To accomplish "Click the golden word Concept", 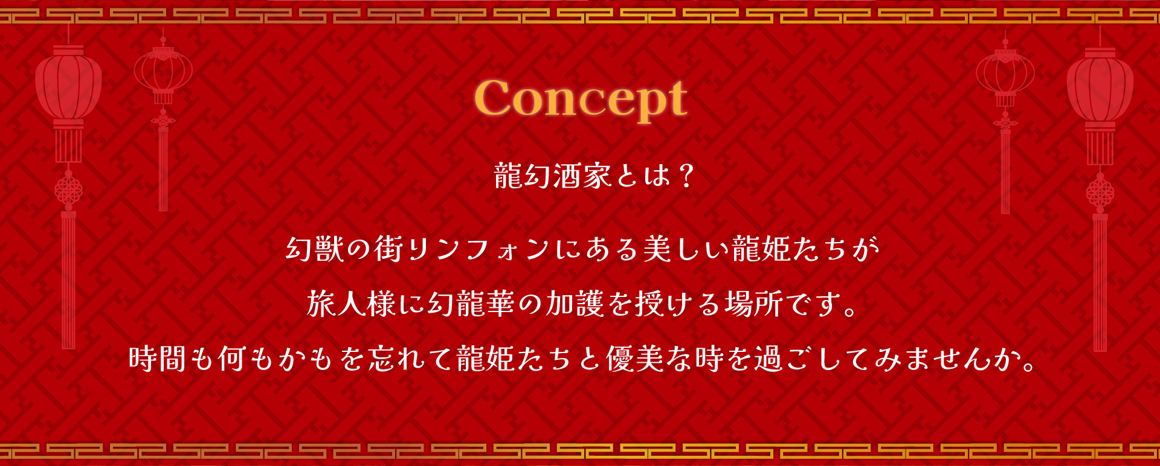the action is (581, 99).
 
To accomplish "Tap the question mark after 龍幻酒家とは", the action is (685, 176).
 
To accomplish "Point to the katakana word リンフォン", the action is (479, 249).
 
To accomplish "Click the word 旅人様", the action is (351, 303).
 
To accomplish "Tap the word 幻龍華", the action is (472, 303).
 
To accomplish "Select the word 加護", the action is (575, 303).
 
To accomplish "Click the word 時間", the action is (157, 359).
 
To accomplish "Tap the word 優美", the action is (634, 359).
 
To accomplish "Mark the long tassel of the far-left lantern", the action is (68, 280).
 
